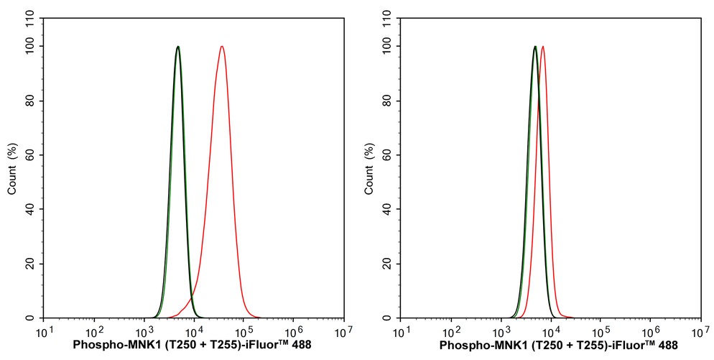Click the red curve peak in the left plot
[222, 47]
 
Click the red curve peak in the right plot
[542, 47]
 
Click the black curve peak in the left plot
[177, 47]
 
